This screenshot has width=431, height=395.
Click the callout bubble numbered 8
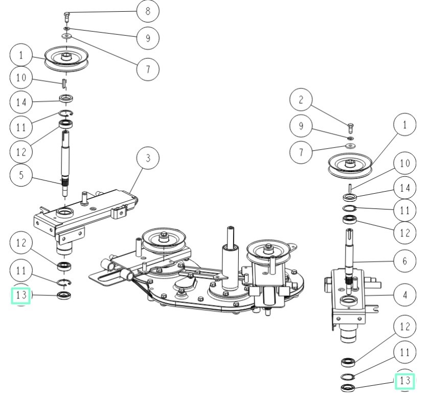pyautogui.click(x=148, y=10)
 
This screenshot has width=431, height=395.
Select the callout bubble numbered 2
pyautogui.click(x=301, y=100)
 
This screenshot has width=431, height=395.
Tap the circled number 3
pyautogui.click(x=148, y=158)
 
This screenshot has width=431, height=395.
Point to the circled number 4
pyautogui.click(x=405, y=295)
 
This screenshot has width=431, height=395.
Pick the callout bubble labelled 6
pyautogui.click(x=405, y=261)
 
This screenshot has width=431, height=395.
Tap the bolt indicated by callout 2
pyautogui.click(x=350, y=125)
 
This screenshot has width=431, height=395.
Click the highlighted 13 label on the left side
pyautogui.click(x=20, y=295)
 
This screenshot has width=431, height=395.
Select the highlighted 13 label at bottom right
pyautogui.click(x=405, y=381)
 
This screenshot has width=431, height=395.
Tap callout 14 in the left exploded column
pyautogui.click(x=20, y=101)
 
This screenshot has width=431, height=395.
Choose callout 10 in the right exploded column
pyautogui.click(x=405, y=164)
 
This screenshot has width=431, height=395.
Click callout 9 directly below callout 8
pyautogui.click(x=148, y=37)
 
